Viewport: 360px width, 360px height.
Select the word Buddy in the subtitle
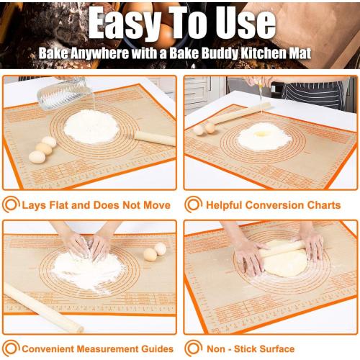pos(207,54)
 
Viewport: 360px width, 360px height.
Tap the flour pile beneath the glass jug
pos(91,126)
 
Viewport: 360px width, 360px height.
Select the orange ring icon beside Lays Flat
pos(11,204)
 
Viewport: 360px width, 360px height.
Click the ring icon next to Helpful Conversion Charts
pos(192,204)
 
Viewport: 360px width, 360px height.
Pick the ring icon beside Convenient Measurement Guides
pos(11,348)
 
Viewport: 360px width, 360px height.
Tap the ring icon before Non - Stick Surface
pos(192,348)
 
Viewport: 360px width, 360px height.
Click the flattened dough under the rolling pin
pos(286,264)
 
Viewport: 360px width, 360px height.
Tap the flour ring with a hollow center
pos(264,135)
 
